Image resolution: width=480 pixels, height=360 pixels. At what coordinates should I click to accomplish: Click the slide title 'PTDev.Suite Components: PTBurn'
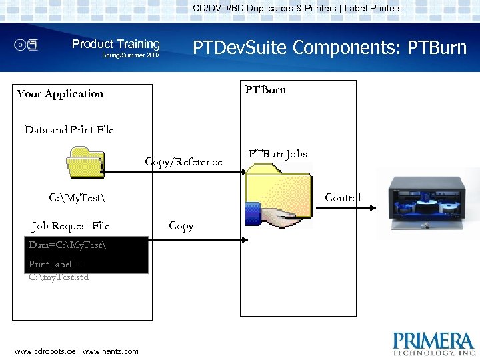click(329, 47)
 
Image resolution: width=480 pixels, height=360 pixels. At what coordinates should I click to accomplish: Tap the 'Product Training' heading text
click(116, 44)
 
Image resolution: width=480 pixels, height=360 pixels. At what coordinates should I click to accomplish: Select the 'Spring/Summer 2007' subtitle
click(131, 55)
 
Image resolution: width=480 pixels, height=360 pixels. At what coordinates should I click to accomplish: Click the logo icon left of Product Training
click(27, 45)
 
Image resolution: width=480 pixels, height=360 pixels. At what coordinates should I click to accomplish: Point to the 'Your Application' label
click(60, 94)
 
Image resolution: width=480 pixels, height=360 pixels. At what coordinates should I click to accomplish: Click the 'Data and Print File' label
click(69, 130)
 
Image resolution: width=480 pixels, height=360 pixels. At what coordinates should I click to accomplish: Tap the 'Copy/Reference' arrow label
click(183, 162)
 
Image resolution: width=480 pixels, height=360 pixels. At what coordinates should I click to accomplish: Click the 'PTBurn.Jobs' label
click(278, 154)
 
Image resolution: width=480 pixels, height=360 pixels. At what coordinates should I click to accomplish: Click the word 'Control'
click(343, 198)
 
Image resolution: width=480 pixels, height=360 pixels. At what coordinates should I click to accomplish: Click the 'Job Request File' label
click(71, 226)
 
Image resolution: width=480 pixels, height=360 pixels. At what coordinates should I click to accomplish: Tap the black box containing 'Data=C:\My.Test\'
click(86, 255)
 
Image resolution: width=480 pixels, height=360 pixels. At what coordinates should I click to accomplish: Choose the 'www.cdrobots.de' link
click(45, 351)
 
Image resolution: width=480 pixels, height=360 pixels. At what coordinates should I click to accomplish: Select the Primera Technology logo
click(434, 343)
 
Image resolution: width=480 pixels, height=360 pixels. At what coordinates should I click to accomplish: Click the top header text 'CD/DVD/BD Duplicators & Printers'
click(265, 9)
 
